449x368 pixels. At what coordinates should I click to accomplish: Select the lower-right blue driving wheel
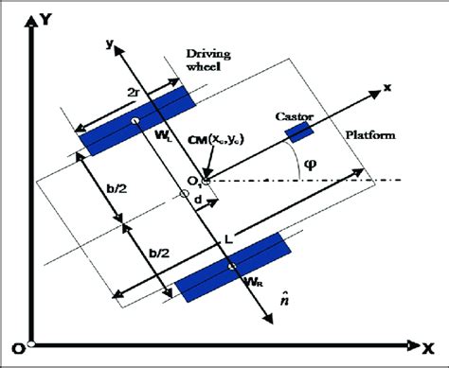(233, 269)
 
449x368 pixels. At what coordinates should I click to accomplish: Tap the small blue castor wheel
(300, 131)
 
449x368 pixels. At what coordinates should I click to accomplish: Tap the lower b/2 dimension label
(153, 254)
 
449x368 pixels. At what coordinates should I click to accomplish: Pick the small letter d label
(197, 201)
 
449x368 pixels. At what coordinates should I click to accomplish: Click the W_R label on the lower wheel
(252, 280)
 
